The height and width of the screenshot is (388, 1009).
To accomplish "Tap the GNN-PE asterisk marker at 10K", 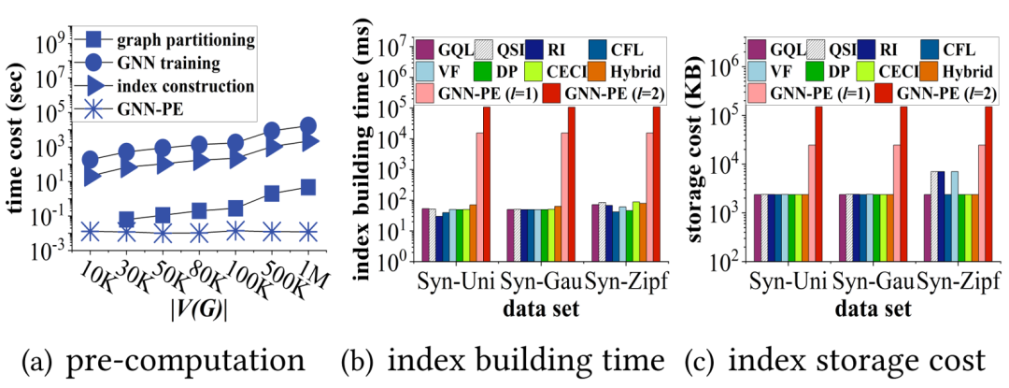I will (91, 230).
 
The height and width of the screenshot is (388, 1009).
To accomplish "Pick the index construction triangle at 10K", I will (92, 175).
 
